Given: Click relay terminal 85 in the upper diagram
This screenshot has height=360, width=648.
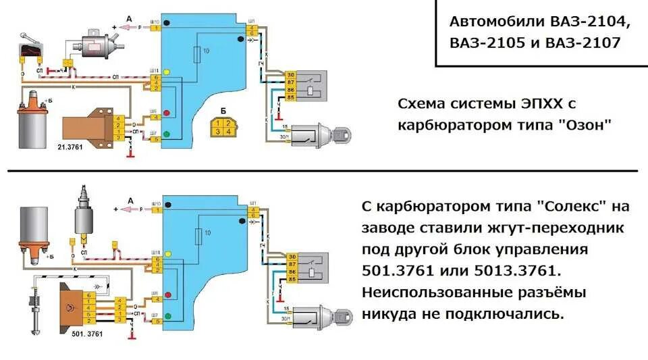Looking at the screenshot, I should tap(290, 97).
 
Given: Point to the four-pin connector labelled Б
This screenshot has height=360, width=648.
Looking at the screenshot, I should tap(223, 127).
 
